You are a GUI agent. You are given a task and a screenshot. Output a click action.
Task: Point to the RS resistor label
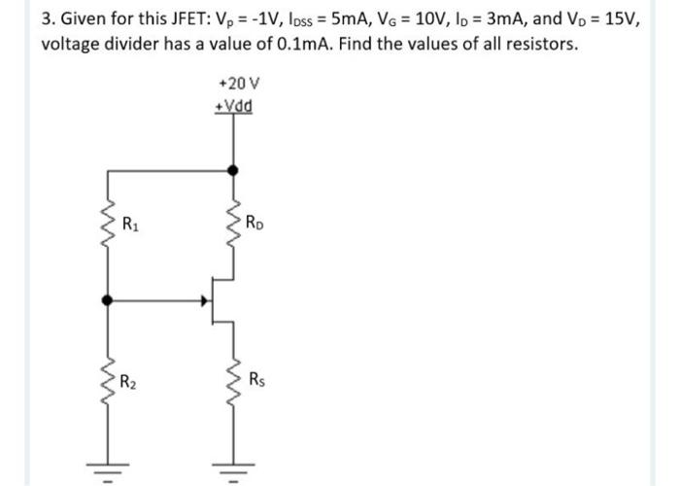pos(255,377)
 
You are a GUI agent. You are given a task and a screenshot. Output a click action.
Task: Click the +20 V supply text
pos(233,85)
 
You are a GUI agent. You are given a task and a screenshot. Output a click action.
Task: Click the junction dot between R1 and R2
pos(106,300)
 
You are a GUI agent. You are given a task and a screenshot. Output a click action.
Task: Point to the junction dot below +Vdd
pos(231,169)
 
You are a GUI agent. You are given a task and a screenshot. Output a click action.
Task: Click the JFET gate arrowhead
pos(205,300)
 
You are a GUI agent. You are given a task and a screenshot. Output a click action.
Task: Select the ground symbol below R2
pos(106,470)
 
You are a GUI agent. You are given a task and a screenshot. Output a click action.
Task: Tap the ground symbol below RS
pos(231,470)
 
